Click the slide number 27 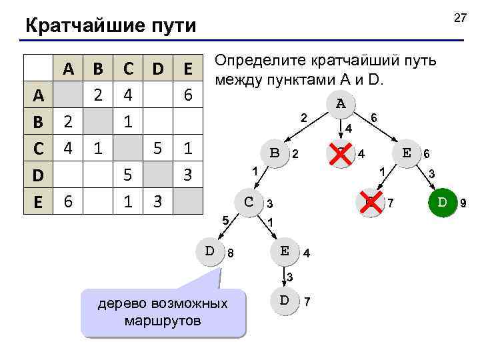coord(459,18)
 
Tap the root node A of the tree coord(341,104)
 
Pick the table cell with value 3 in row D coord(188,175)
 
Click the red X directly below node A coord(341,153)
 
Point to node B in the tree coord(274,152)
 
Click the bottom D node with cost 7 coord(284,299)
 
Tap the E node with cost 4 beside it coord(284,251)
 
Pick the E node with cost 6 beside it coord(406,152)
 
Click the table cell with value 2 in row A coord(98,95)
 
